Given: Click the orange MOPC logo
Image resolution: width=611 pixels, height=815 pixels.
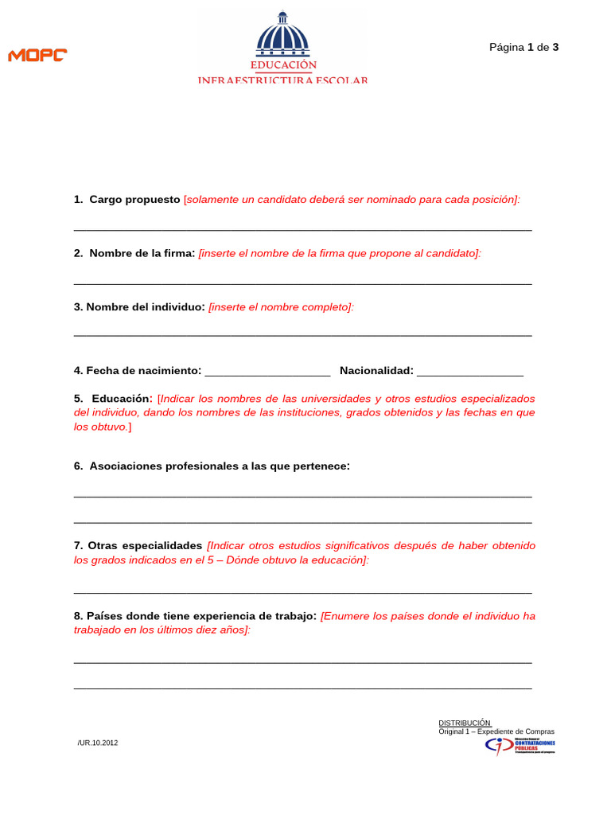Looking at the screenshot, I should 37,55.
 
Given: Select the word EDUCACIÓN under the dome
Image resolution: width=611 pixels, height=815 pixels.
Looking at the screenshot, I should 283,64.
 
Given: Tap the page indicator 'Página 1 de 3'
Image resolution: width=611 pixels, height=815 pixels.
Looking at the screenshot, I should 523,47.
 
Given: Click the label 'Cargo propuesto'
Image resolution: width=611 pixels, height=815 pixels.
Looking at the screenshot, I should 134,200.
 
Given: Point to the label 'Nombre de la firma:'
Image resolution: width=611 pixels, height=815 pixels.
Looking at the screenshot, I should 142,253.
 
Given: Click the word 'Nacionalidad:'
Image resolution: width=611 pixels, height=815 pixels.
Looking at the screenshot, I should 376,370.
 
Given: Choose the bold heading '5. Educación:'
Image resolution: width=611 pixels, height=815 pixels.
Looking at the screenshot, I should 113,398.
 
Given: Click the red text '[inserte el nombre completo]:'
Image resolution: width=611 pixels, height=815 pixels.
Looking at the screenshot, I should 281,306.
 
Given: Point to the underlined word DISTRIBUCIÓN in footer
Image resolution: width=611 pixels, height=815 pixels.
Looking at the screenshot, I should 465,723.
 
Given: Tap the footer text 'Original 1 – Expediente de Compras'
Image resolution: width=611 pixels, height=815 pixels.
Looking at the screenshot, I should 496,731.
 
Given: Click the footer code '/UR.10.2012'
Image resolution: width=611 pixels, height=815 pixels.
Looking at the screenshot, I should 98,743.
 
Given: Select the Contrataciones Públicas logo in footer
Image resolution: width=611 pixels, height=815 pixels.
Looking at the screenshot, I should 520,746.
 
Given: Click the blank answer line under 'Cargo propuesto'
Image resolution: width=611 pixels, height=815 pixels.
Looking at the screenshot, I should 302,229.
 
